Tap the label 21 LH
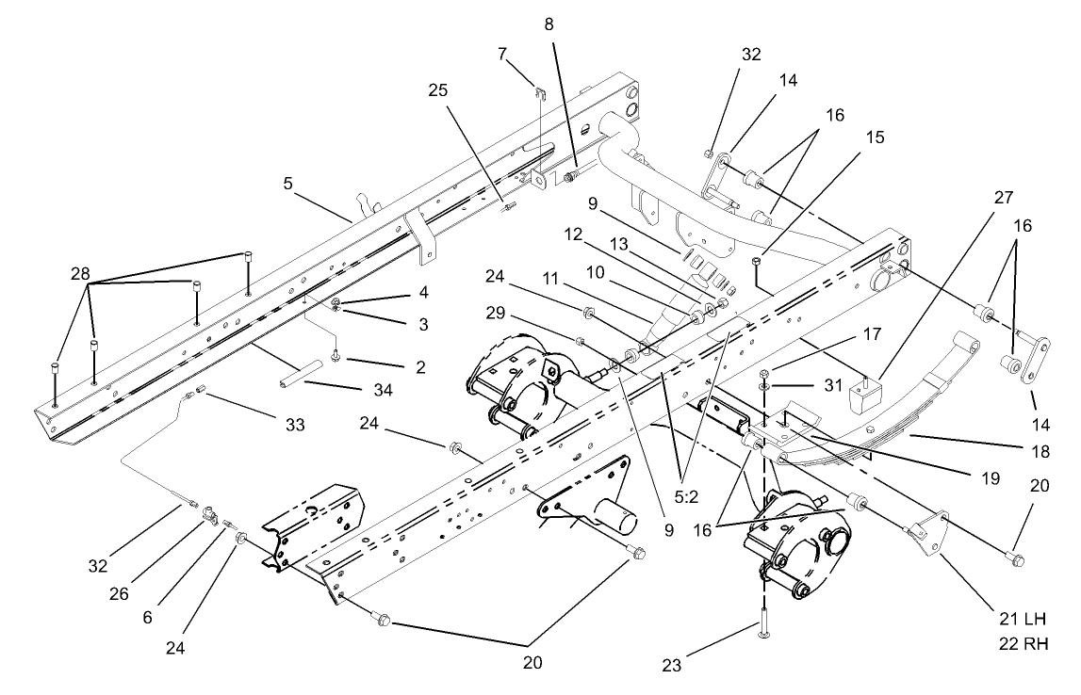point(1024,619)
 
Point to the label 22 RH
point(1024,643)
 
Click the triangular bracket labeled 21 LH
point(928,537)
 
